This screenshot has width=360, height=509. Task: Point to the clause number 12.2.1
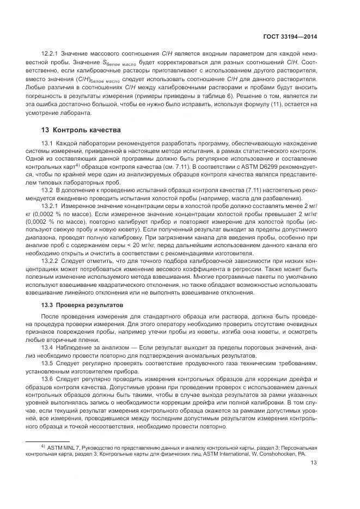pos(51,53)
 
